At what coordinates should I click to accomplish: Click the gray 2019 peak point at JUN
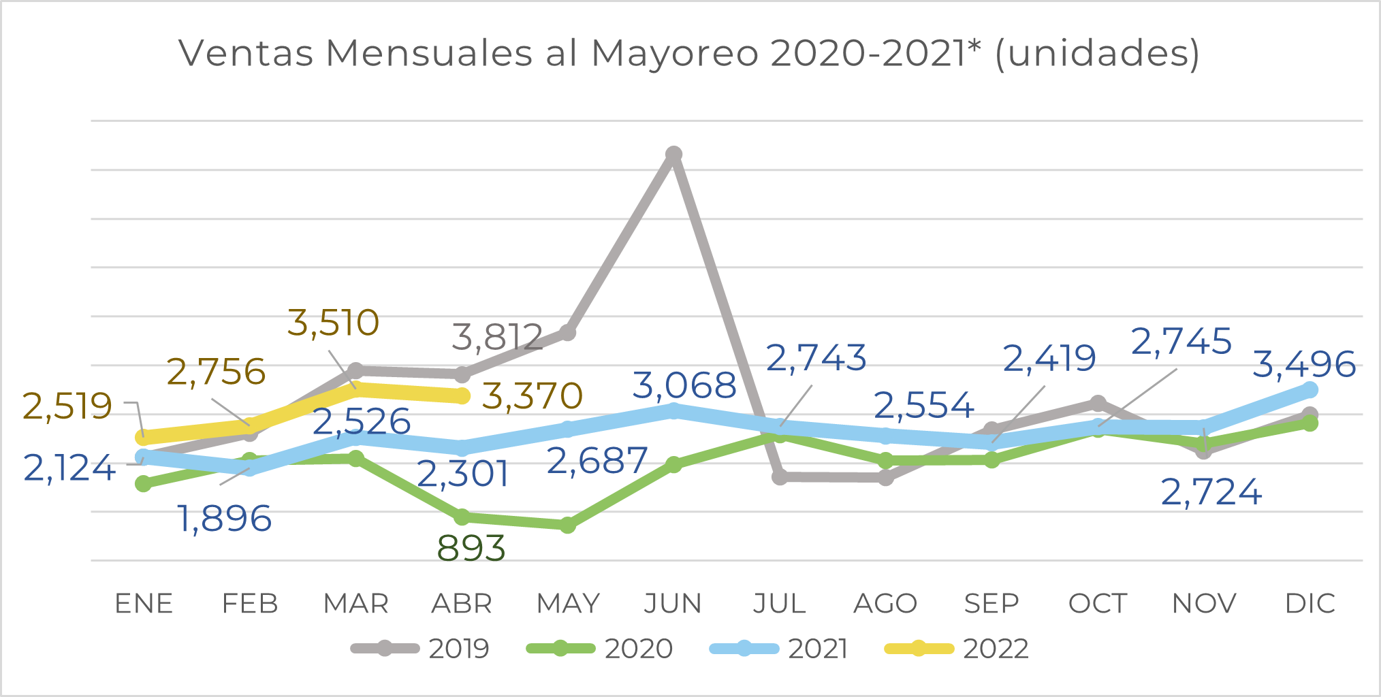tap(673, 155)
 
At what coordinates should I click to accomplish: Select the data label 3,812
tap(497, 337)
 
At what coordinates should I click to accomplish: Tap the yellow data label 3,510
tap(333, 323)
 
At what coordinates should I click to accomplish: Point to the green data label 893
tap(471, 548)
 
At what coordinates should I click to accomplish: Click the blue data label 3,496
tap(1304, 364)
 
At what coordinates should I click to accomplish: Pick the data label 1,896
tap(225, 519)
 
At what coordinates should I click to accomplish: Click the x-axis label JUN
tap(673, 604)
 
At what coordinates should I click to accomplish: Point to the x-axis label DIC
tap(1309, 604)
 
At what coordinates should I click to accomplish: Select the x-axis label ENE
tap(144, 604)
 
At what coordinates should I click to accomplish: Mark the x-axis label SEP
tap(991, 604)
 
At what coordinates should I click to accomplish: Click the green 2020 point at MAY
tap(567, 525)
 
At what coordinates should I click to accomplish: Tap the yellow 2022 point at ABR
tap(462, 395)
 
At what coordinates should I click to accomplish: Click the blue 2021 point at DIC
tap(1310, 390)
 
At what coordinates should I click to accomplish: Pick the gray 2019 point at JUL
tap(780, 476)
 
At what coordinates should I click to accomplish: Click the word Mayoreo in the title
tap(674, 53)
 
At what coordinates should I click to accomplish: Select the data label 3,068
tap(684, 386)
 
